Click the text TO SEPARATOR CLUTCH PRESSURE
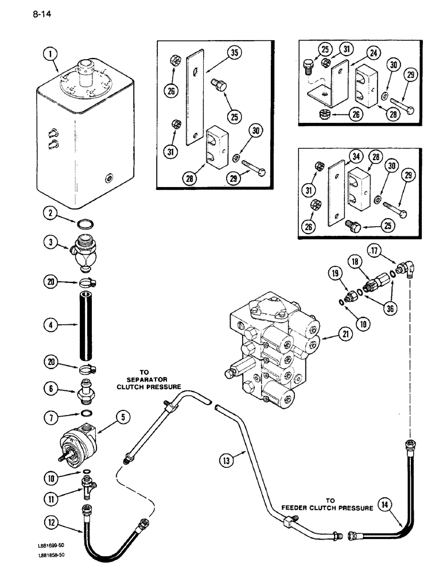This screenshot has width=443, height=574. (x=145, y=379)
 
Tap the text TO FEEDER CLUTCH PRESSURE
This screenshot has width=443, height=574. (x=327, y=504)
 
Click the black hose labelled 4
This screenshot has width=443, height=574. (x=86, y=325)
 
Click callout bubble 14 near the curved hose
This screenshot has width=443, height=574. (x=387, y=505)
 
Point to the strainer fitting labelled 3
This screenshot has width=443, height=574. (x=85, y=251)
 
